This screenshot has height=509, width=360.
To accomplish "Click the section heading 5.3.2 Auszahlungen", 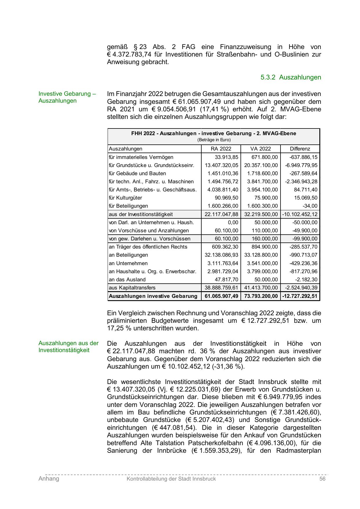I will pos(291,77).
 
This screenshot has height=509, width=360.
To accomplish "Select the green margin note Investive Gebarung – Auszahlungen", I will pos(67,97).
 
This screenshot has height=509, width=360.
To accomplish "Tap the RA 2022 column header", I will pos(221,149).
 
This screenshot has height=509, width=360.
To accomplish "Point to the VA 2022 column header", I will pos(260,149).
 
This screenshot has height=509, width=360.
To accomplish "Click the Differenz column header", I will pos(300,149).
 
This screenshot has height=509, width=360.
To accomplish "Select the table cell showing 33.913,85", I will pos(226,157).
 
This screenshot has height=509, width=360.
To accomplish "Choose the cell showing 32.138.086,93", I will pos(221,255).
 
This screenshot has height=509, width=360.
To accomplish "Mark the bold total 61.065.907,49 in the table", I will pos(221,296).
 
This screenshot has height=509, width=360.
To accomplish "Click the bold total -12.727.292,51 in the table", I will pos(300,296).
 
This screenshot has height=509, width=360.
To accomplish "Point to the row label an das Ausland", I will pos(127,280).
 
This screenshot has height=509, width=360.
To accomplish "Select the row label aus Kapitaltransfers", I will pos(132,288).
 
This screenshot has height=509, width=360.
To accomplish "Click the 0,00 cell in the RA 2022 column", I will pos(233,222).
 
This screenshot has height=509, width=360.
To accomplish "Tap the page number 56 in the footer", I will pos(322,479).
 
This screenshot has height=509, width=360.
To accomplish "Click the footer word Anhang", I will pos(49,479).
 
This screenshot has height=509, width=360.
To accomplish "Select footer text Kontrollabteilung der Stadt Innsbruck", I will pos(171,479).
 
